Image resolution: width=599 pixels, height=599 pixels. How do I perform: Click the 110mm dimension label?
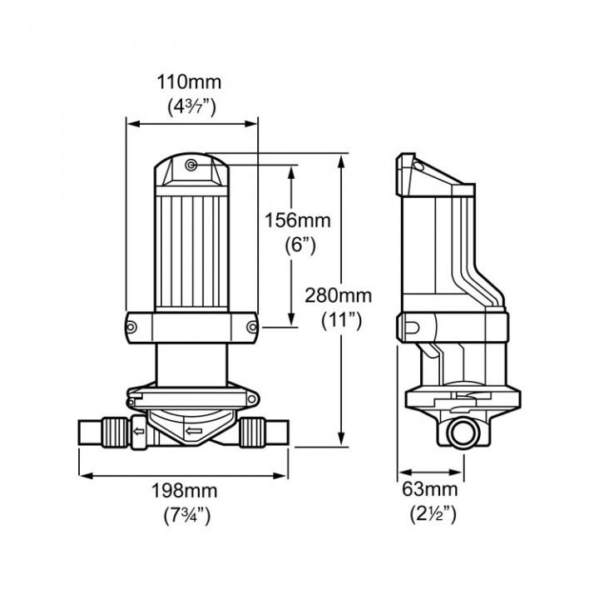(191, 83)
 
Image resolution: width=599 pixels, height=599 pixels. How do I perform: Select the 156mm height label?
(297, 220)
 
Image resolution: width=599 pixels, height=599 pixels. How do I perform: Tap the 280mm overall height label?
(338, 296)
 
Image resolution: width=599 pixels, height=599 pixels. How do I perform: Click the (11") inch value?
(340, 320)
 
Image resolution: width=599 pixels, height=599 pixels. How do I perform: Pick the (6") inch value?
(297, 245)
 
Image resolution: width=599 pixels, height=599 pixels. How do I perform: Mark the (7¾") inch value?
(186, 514)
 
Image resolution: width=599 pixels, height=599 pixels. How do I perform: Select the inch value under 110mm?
(191, 107)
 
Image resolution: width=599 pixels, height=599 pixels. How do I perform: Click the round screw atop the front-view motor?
(191, 166)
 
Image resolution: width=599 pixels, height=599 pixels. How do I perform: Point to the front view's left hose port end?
(82, 433)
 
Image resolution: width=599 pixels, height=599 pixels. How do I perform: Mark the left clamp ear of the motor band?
(132, 326)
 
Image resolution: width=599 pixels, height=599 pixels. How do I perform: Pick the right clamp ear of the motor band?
(252, 326)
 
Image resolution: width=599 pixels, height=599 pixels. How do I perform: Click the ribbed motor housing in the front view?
(191, 250)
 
